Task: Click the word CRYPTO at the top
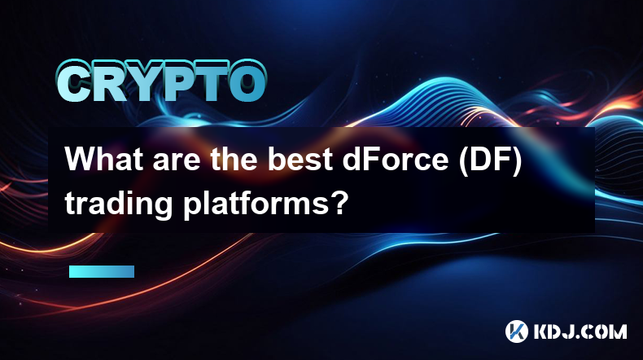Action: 161,82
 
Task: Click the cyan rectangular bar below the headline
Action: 102,272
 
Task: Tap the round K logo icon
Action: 517,331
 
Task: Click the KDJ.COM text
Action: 580,331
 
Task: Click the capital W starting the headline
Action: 80,160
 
